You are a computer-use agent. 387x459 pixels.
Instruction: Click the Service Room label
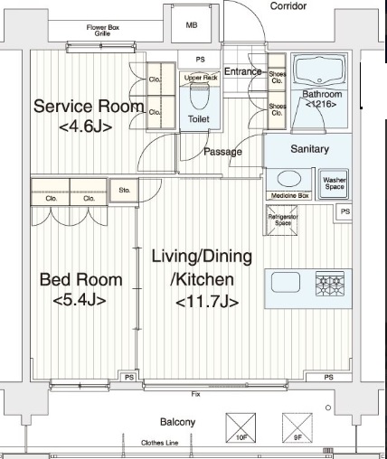tap(88, 116)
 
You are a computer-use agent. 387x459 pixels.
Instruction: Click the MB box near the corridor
tap(192, 26)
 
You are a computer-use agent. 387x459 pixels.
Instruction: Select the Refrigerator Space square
tap(282, 220)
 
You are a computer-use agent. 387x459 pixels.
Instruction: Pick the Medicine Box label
tap(288, 196)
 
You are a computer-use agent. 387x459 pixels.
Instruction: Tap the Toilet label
tap(198, 118)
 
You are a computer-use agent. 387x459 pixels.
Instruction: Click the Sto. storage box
tap(123, 191)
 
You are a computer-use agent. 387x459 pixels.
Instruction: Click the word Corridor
tap(288, 5)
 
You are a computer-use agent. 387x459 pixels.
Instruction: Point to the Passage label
tap(222, 151)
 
